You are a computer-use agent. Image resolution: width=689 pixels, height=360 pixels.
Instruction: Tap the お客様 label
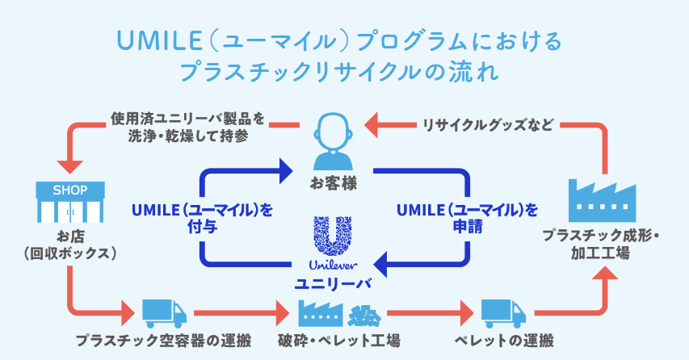(333, 185)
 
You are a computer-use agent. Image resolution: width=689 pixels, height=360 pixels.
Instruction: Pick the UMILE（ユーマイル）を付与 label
(201, 218)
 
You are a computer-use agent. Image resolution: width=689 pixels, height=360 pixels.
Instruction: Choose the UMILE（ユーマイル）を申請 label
(467, 218)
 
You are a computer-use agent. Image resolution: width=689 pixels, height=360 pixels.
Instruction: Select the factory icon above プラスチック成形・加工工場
(603, 198)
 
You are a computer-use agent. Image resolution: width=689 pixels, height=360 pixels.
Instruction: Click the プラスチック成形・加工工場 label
(602, 245)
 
